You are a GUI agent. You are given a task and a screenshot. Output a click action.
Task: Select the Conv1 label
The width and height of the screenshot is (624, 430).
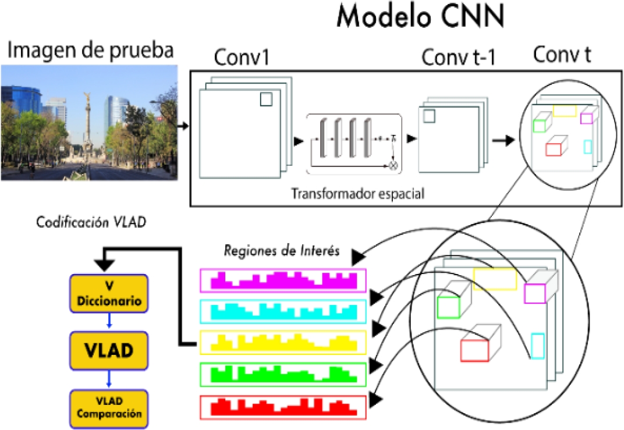click(242, 59)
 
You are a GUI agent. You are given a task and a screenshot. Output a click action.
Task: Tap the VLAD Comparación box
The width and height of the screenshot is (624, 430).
click(109, 407)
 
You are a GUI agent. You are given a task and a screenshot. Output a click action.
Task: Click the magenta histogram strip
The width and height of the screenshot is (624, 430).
click(283, 280)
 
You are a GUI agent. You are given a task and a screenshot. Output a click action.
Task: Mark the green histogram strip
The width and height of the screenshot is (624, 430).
click(283, 374)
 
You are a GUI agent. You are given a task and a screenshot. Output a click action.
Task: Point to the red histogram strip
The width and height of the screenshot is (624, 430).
click(283, 407)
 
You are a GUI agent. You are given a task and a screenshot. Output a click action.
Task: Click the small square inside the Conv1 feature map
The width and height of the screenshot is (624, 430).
click(266, 99)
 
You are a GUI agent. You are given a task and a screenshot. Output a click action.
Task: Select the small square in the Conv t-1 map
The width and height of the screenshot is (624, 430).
click(429, 116)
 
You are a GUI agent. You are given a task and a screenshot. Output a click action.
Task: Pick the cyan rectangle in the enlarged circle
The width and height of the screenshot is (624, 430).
click(537, 346)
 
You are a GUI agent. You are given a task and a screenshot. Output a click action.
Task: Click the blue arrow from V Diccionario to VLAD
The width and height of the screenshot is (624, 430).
click(109, 322)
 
